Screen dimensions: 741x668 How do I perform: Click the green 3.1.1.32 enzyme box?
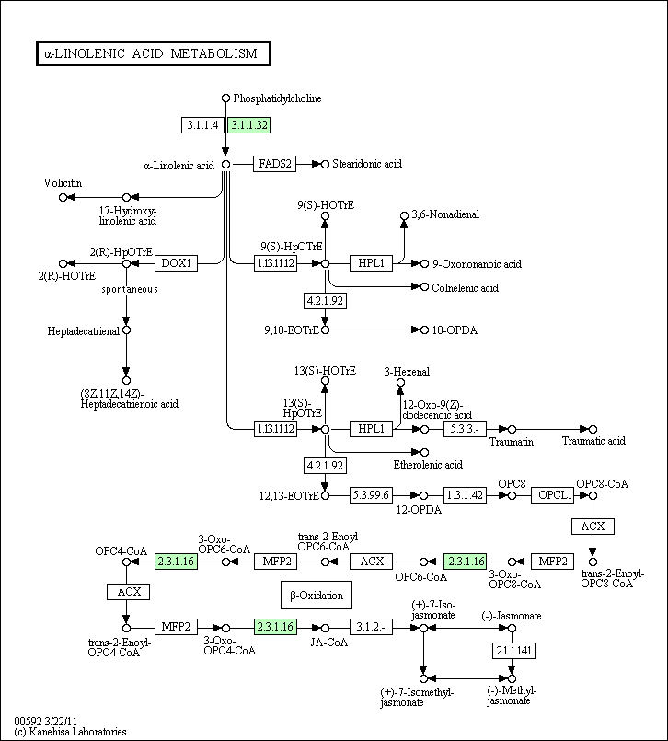(248, 125)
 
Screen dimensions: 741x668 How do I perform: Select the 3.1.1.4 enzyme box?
(202, 125)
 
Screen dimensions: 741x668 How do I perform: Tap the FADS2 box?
(273, 164)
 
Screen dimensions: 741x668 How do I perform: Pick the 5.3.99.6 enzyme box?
(372, 495)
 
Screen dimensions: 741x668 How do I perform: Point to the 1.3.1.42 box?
(465, 495)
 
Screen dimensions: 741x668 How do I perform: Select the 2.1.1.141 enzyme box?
(512, 651)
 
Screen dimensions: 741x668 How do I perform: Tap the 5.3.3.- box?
(465, 429)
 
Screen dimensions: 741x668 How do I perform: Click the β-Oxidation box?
(316, 596)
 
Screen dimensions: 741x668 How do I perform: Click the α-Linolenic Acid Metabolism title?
(152, 54)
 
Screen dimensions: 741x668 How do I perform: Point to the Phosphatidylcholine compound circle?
(225, 98)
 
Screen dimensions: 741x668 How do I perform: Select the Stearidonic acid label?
(367, 164)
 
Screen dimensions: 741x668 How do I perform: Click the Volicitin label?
(63, 183)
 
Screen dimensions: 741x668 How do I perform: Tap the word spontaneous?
(130, 289)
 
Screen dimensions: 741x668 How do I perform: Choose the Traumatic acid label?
(593, 441)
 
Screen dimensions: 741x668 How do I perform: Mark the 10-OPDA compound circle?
(424, 330)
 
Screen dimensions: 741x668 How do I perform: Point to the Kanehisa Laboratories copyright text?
(70, 732)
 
